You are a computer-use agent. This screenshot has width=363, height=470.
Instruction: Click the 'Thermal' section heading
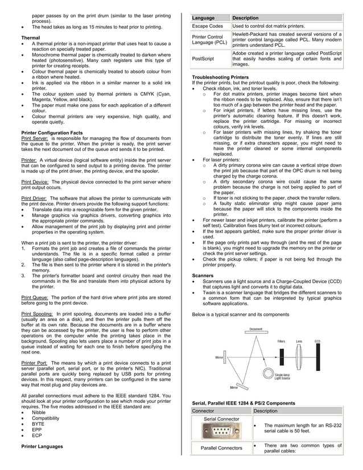(30, 38)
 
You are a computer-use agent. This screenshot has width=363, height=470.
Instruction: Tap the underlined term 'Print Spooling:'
(38, 313)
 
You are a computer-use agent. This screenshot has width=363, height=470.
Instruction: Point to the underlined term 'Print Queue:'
(35, 297)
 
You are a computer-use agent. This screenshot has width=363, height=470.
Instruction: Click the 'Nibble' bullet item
(39, 413)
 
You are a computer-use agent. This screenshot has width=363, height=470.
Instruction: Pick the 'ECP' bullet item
(37, 435)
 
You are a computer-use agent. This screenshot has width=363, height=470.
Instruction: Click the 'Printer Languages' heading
(42, 446)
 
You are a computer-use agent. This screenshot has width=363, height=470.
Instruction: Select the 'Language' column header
(204, 18)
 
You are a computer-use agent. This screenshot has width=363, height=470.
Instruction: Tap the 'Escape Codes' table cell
(208, 26)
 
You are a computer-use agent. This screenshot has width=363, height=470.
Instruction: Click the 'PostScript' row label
(204, 58)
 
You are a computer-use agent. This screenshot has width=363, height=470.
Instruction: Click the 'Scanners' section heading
(203, 275)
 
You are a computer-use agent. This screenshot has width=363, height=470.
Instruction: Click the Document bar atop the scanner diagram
(255, 332)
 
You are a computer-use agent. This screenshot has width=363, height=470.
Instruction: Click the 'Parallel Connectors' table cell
(221, 448)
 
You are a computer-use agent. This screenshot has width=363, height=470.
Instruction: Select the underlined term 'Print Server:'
(35, 138)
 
